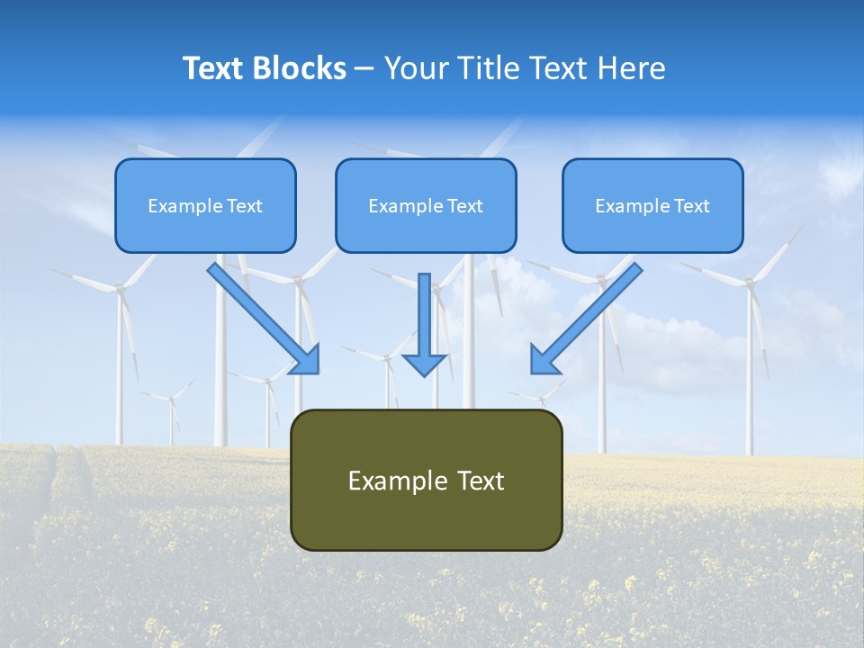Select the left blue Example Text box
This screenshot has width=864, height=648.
click(205, 205)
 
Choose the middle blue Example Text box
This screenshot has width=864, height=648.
click(426, 205)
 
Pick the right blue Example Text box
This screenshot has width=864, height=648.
click(652, 205)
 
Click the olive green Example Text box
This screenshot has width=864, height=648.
click(426, 480)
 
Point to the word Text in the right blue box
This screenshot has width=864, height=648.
click(692, 206)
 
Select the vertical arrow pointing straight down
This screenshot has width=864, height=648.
click(424, 324)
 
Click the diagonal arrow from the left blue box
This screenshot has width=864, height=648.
click(263, 317)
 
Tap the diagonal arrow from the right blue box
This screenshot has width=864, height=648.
click(587, 317)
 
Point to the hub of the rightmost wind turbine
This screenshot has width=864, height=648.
click(747, 282)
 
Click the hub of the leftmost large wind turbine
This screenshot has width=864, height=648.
click(118, 288)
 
